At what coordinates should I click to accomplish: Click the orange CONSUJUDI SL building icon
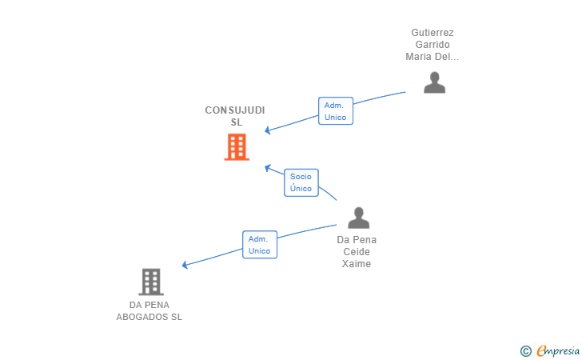point(237,147)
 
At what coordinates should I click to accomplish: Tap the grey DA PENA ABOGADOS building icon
point(150,282)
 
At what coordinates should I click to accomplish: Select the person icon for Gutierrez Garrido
point(434,82)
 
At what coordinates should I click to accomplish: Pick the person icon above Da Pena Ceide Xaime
point(359,218)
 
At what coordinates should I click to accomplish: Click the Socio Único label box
point(301,182)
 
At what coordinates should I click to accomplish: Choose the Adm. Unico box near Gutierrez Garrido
point(336,110)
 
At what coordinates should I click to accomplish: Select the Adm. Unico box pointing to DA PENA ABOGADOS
point(259,244)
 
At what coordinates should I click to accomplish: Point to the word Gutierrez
point(433,33)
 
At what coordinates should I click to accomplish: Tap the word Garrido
point(433,45)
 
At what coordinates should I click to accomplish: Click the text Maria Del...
point(433,57)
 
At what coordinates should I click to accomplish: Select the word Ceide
point(357,252)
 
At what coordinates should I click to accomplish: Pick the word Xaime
point(357,264)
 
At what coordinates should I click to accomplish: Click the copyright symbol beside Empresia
point(525,350)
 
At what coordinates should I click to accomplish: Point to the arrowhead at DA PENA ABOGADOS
point(185,265)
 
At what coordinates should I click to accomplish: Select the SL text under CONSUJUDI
point(237,122)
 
